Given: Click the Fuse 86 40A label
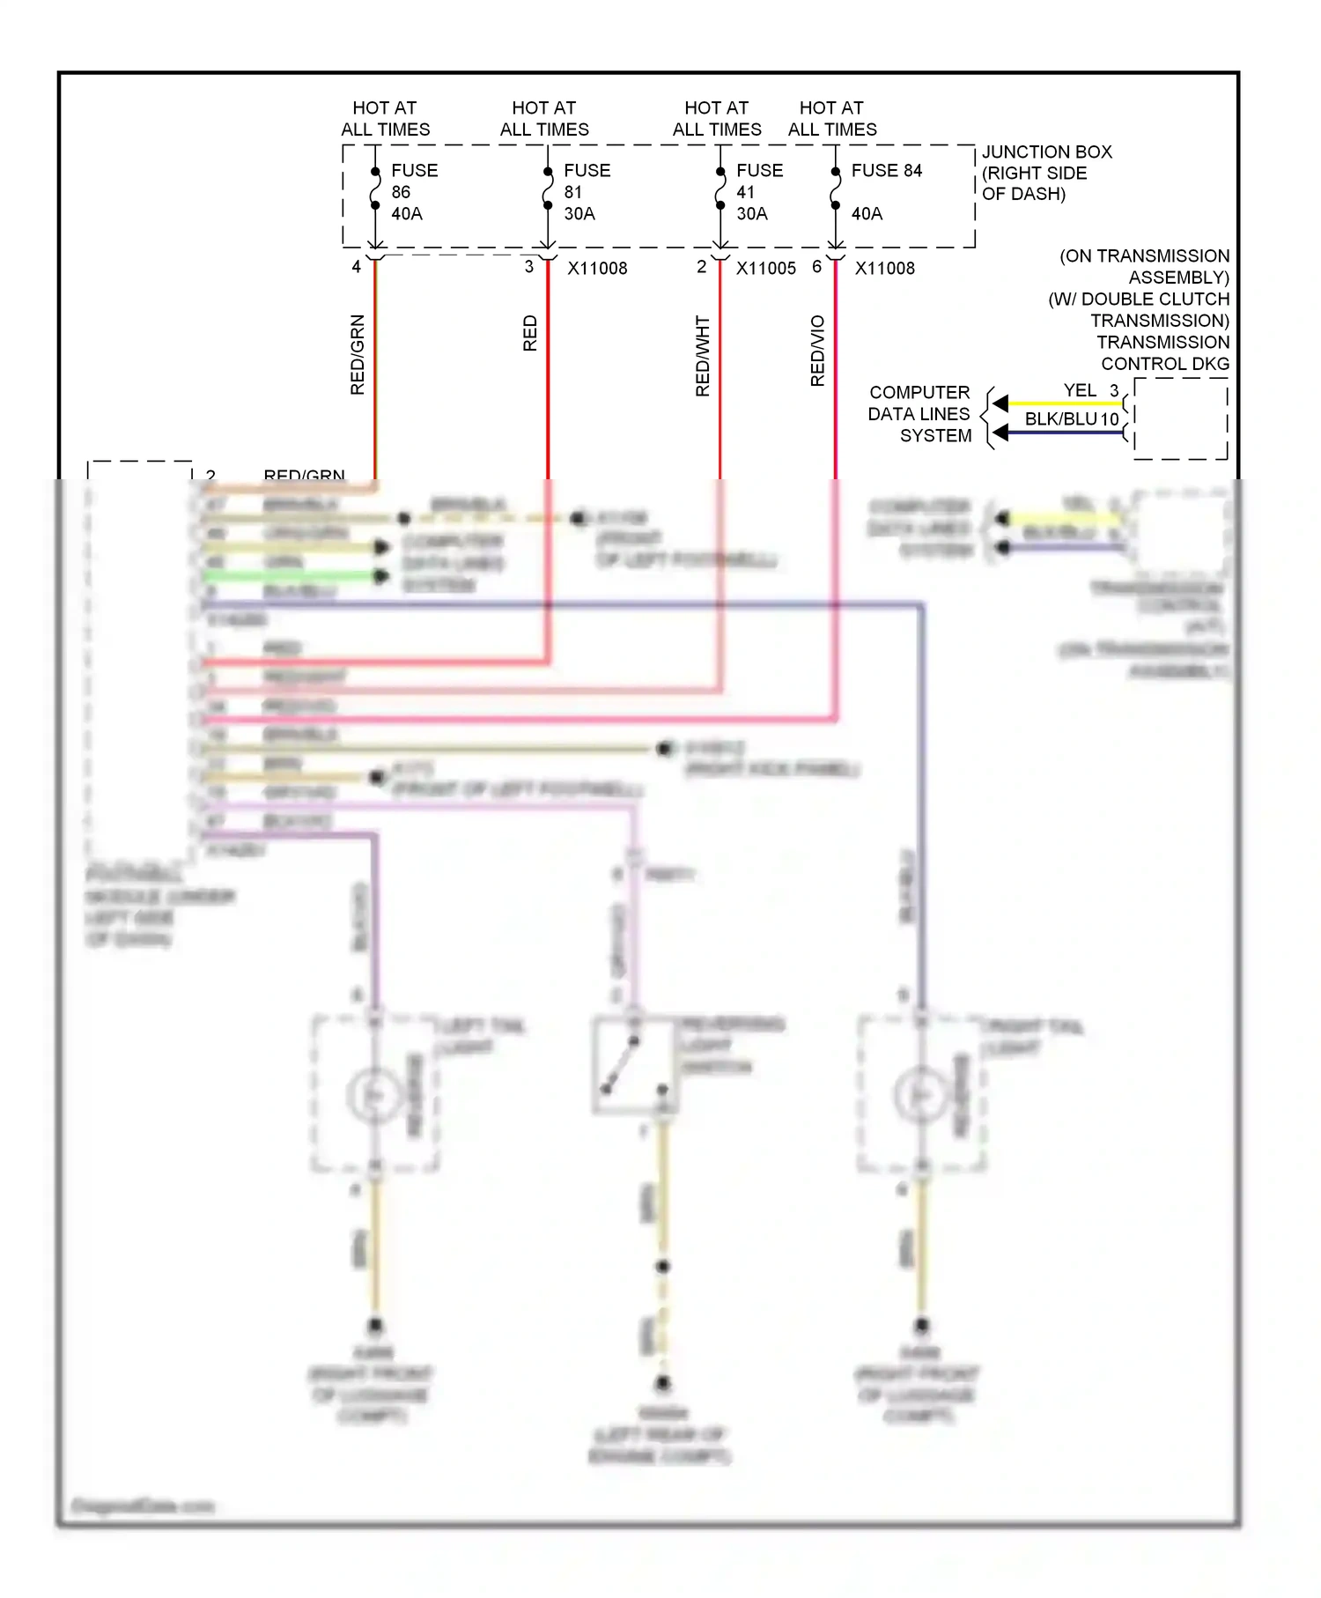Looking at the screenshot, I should (x=414, y=192).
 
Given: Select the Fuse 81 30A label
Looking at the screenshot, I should (x=587, y=192).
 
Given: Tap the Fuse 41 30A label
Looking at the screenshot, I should (x=759, y=192).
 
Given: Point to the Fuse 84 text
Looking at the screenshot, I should (x=886, y=171).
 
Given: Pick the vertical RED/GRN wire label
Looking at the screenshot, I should (x=357, y=354).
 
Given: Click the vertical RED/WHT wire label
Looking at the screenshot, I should (x=702, y=356).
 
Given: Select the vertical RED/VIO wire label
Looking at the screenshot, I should (x=817, y=351).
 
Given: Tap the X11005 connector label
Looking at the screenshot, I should (x=765, y=269).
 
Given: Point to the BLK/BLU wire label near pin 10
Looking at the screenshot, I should (x=1061, y=419).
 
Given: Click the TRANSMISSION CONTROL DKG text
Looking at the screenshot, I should (x=1162, y=353).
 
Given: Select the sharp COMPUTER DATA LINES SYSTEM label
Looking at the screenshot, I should (x=919, y=414).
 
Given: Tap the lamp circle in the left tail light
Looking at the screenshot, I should (x=375, y=1095).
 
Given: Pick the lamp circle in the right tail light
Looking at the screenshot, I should (x=921, y=1095).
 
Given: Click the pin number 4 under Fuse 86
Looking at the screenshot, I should (x=356, y=267).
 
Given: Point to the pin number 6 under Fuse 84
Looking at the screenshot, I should (x=816, y=267).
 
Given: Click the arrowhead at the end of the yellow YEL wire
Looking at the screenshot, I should (x=1000, y=403).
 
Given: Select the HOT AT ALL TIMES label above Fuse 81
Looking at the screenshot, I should (x=544, y=119).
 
